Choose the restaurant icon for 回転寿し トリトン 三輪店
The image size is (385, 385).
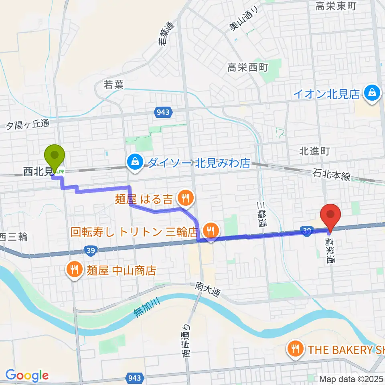tap(210, 231)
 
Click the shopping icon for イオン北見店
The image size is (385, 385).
tap(372, 93)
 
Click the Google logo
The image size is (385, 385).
tap(27, 376)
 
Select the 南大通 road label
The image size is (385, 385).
tap(208, 289)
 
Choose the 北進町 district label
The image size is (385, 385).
tap(314, 151)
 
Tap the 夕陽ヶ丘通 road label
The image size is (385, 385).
tap(28, 125)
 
